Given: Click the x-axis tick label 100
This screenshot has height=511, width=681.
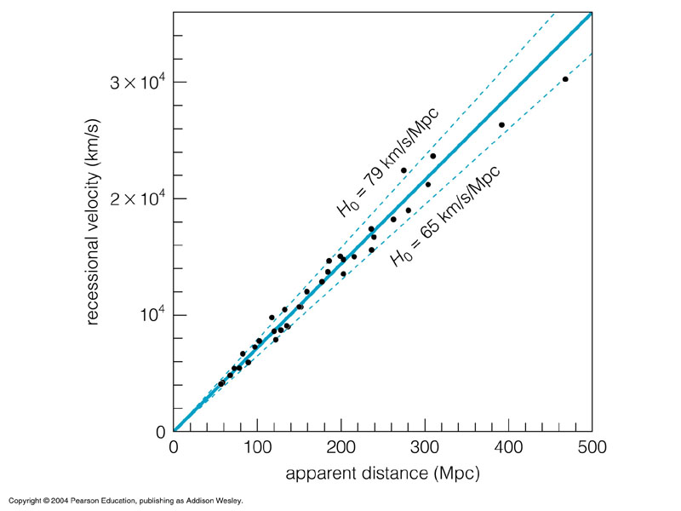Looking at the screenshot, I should click(x=257, y=448).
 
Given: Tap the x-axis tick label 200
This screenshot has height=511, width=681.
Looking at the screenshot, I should click(x=341, y=448).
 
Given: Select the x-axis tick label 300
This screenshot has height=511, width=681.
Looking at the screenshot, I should click(x=425, y=448).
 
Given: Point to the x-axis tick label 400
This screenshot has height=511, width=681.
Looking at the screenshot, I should click(x=509, y=448).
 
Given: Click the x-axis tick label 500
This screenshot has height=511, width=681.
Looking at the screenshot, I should click(x=592, y=448).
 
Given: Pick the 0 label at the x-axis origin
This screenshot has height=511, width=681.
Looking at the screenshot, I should click(x=174, y=448).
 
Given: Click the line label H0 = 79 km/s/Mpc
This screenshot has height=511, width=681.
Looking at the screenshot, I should click(x=386, y=163).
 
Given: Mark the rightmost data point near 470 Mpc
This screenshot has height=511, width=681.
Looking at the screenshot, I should click(x=565, y=79).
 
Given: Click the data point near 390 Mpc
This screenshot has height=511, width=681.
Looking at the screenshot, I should click(x=501, y=125).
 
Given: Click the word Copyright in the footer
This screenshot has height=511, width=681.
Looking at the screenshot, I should click(x=26, y=501).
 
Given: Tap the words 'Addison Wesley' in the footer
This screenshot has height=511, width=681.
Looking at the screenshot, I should click(x=217, y=501).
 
